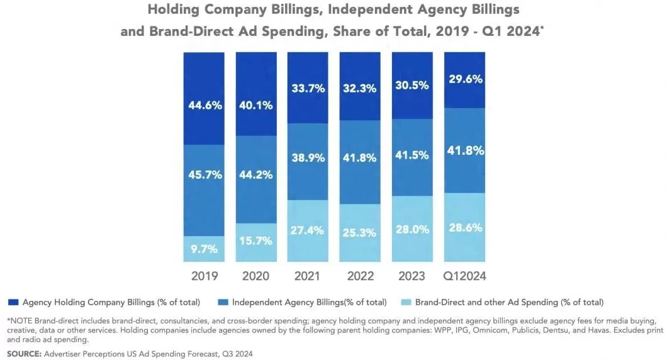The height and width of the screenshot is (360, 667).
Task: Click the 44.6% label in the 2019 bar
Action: [x=205, y=105]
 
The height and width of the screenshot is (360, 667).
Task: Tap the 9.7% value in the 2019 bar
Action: [x=205, y=249]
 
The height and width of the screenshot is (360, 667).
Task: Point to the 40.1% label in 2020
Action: [x=256, y=105]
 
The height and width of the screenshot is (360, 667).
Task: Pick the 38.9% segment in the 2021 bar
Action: [x=308, y=158]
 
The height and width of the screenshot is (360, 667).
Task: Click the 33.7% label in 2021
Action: [x=308, y=88]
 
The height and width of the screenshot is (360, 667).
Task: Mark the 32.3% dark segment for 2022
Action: [x=360, y=88]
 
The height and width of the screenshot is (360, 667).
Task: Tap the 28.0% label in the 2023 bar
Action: [x=412, y=230]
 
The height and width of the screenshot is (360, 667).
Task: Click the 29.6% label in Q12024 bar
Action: [x=465, y=79]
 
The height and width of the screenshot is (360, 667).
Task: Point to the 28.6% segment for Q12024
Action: [x=465, y=228]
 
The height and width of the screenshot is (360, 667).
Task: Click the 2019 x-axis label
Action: [x=205, y=276]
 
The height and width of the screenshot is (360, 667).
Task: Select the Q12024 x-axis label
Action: [x=465, y=276]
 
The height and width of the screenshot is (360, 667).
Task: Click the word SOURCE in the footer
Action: [x=24, y=354]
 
